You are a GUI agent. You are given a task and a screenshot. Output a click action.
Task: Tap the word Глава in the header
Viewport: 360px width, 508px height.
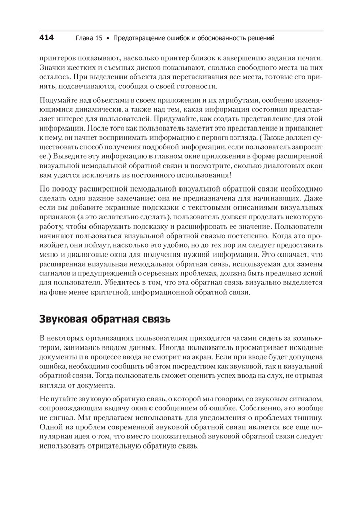[x=84, y=38]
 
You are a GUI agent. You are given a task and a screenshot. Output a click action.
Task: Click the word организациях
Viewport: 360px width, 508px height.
[x=111, y=338]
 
